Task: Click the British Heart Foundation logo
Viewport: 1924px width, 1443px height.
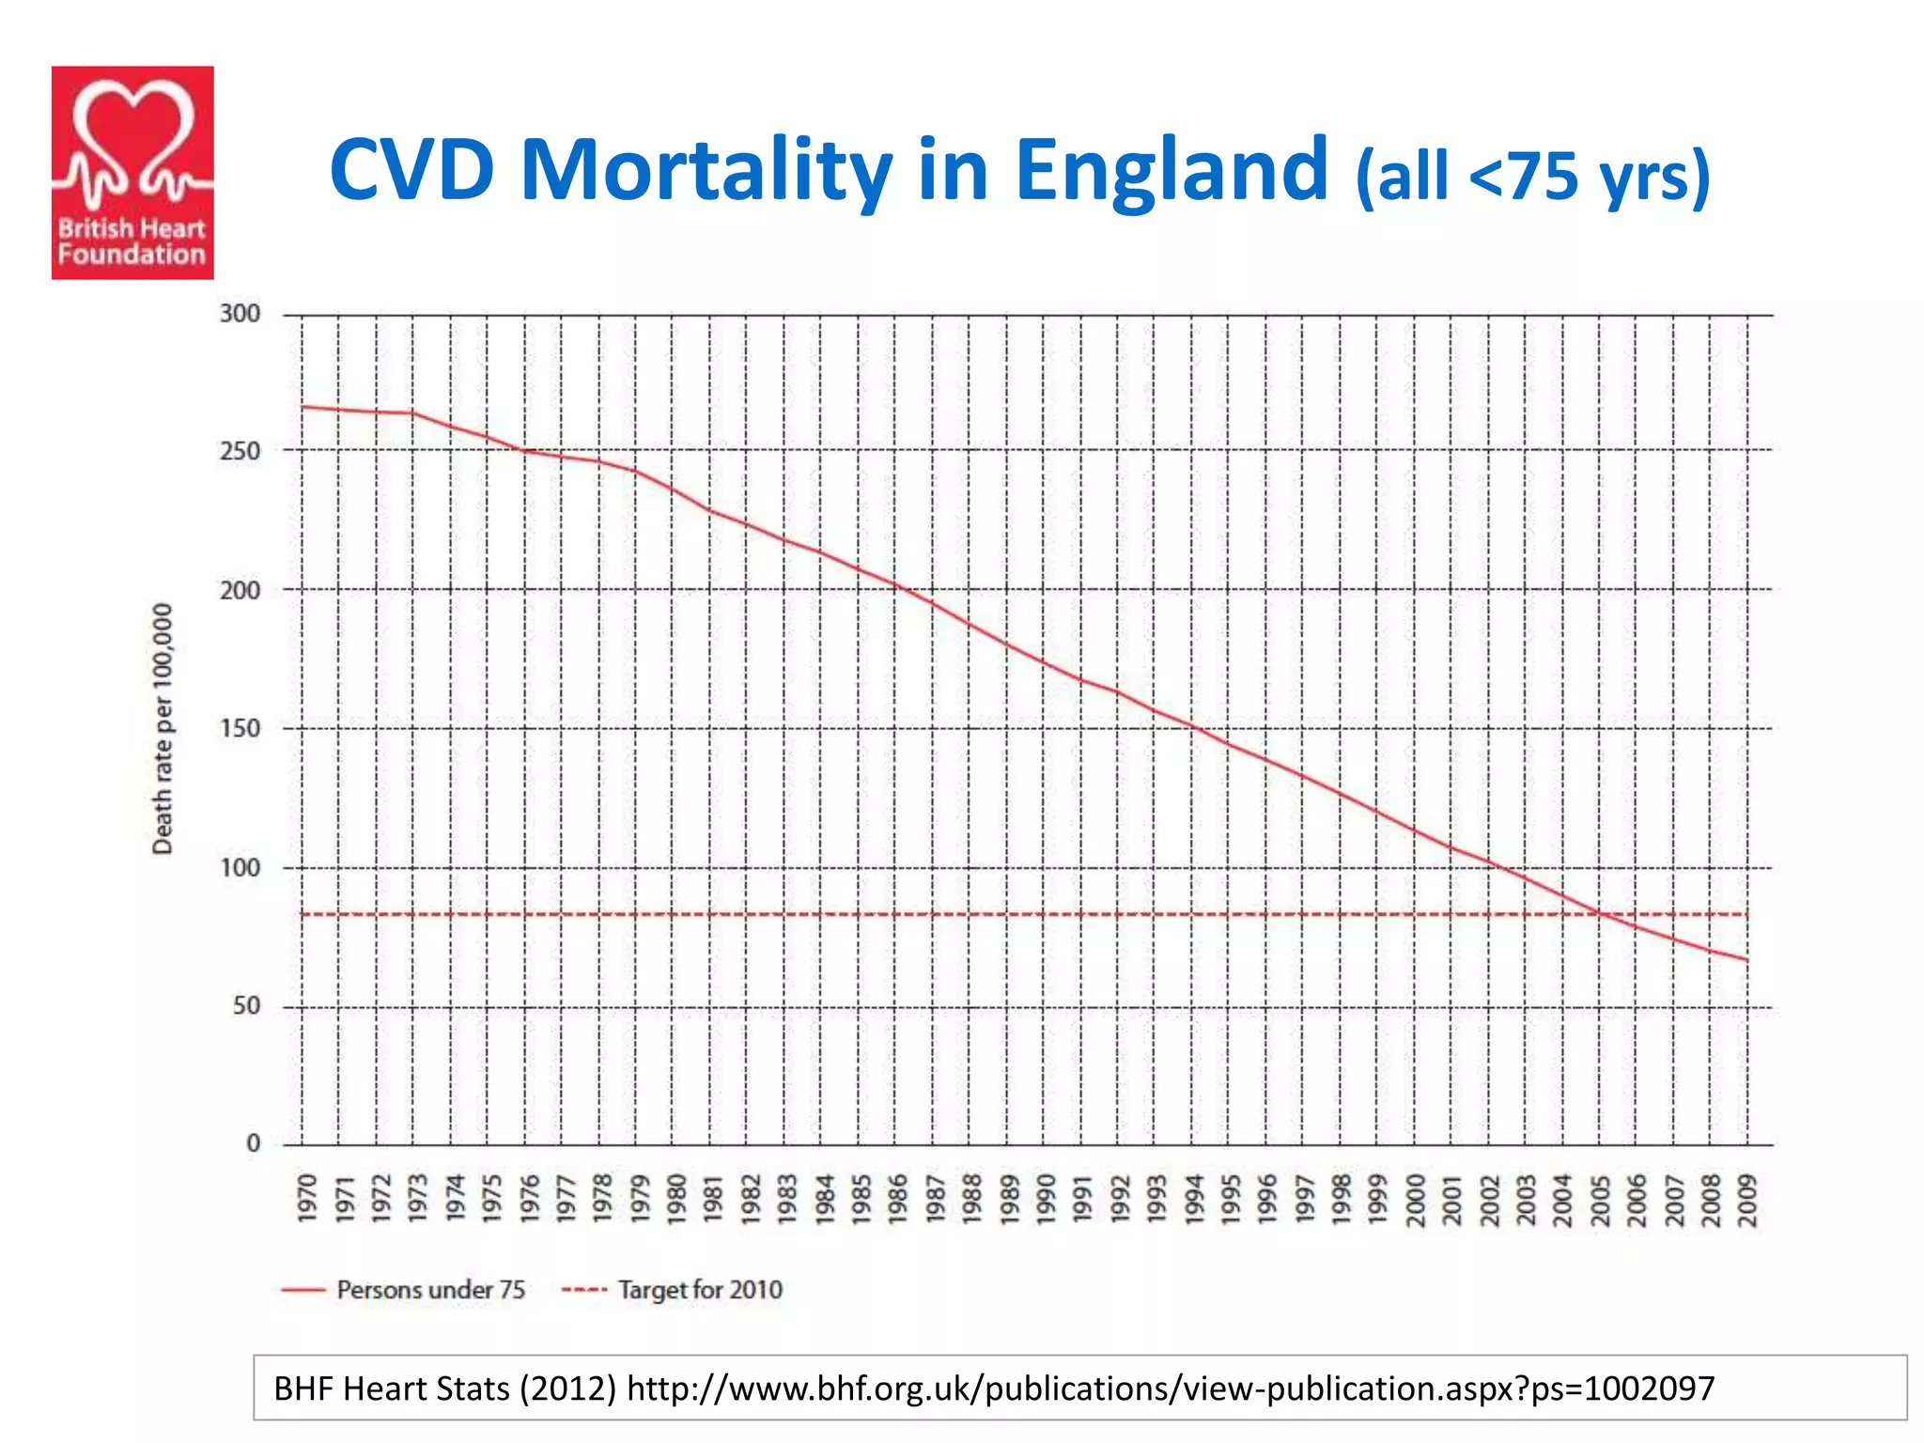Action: click(132, 173)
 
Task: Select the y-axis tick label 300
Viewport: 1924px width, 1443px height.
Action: click(240, 314)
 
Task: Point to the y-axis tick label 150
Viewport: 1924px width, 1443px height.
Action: click(240, 729)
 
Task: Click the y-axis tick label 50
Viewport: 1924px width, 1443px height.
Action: click(246, 1006)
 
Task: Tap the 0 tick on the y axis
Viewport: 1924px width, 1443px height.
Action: click(254, 1144)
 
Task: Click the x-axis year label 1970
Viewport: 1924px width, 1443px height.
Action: click(307, 1199)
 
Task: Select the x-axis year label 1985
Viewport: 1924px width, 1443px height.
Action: click(861, 1199)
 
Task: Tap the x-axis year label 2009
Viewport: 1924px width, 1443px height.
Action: click(1747, 1200)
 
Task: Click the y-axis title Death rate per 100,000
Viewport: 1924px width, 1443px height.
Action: click(163, 729)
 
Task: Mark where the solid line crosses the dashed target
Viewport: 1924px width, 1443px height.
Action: click(1601, 914)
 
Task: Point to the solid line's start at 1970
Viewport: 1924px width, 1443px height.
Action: click(302, 407)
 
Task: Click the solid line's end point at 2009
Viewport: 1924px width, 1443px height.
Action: click(1747, 960)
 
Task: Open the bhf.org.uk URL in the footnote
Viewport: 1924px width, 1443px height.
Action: click(1170, 1389)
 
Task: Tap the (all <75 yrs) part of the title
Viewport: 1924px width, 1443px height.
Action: click(1532, 176)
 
